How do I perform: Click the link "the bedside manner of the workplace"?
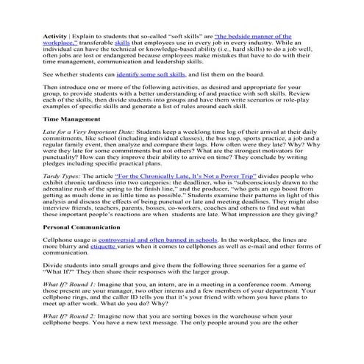tap(252, 35)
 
